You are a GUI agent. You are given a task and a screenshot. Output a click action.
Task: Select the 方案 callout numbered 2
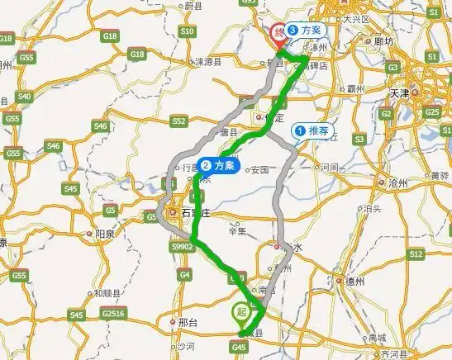[x=219, y=165]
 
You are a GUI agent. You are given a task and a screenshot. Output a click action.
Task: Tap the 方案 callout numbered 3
[x=305, y=30]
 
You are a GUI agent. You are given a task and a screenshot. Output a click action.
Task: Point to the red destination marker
[x=278, y=33]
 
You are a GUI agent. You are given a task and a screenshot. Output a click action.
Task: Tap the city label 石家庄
[x=194, y=213]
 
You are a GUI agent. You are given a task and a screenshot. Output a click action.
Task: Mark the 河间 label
[x=331, y=168]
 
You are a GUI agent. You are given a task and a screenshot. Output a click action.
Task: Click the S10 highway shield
[x=187, y=31]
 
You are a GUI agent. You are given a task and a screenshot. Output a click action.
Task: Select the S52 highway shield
[x=178, y=121]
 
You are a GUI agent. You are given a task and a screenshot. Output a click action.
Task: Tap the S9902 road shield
[x=180, y=246]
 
